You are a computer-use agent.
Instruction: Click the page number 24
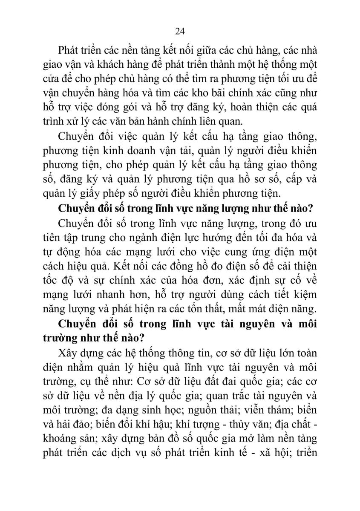(179, 31)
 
